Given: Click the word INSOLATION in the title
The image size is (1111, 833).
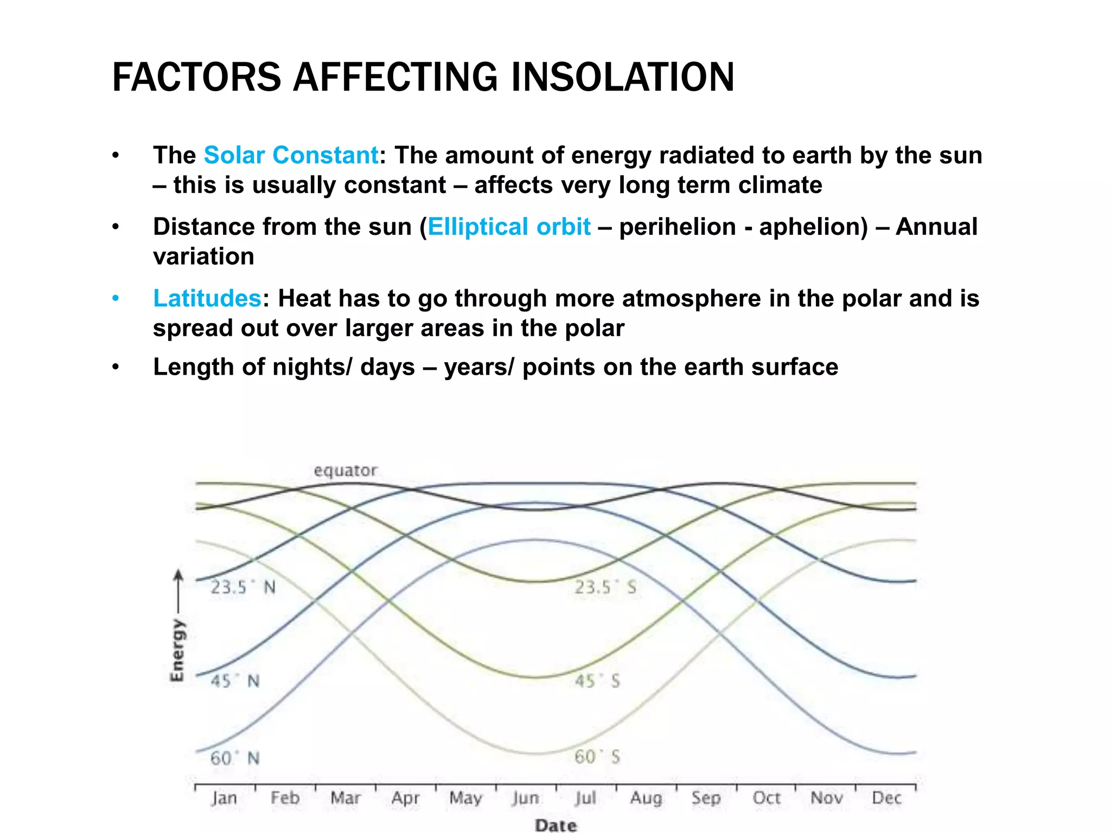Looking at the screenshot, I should (x=622, y=78).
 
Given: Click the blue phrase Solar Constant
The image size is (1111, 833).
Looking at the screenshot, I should (x=291, y=156).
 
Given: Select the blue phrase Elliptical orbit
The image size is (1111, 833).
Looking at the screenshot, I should (x=509, y=227).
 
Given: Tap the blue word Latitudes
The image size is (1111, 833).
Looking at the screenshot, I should (x=207, y=298).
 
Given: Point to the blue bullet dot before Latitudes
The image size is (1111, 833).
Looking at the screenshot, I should (x=115, y=298).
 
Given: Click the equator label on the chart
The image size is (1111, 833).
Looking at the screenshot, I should (x=345, y=470).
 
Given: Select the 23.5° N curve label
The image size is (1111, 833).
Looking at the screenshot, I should (x=242, y=587).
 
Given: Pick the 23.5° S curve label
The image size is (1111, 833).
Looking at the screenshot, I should (x=605, y=587).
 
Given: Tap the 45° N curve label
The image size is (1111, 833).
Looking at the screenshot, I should (x=235, y=681).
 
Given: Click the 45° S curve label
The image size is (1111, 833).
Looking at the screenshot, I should (x=597, y=681).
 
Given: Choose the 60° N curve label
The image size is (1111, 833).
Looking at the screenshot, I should (x=235, y=758).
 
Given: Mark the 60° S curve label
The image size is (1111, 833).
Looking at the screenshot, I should (x=597, y=757).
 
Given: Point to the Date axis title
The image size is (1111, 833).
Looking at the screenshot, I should (x=555, y=825).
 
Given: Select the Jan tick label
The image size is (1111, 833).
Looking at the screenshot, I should (x=224, y=798).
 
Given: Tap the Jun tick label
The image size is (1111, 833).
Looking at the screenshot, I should (x=525, y=798).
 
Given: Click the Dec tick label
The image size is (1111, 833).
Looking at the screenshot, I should (x=886, y=798).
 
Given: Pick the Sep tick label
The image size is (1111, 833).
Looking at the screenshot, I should (x=706, y=798).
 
